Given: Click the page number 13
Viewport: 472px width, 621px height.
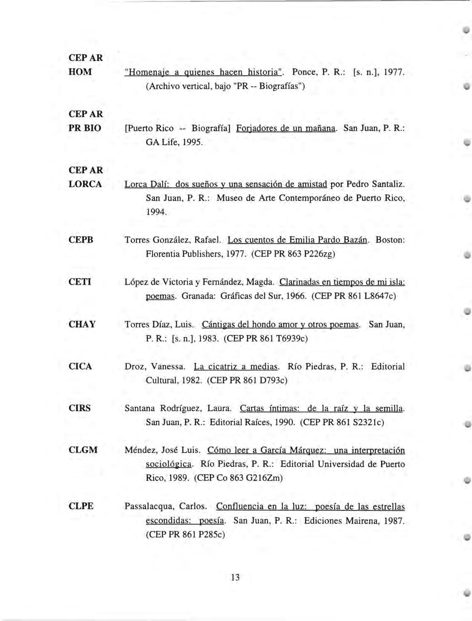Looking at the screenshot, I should [235, 577].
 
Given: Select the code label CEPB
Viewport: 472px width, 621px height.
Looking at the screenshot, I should [81, 240].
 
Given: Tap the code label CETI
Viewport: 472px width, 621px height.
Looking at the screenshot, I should [80, 282].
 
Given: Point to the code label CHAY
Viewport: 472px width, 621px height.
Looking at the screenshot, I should [82, 324].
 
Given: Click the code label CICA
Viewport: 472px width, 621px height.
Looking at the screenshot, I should [80, 366].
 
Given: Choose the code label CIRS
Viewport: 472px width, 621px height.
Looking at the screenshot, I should [80, 408].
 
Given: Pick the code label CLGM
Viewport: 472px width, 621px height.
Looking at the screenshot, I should [83, 450].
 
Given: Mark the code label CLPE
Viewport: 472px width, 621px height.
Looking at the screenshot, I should [81, 506].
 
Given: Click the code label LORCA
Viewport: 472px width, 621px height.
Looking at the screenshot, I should [86, 184].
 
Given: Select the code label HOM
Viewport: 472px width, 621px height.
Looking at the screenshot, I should [80, 72].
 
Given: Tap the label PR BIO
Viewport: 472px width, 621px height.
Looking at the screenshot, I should [85, 128].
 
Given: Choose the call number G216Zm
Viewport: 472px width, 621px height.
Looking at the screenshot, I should [264, 478].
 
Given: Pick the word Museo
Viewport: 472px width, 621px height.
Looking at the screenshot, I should [229, 198].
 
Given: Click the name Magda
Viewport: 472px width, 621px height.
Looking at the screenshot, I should [263, 282].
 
